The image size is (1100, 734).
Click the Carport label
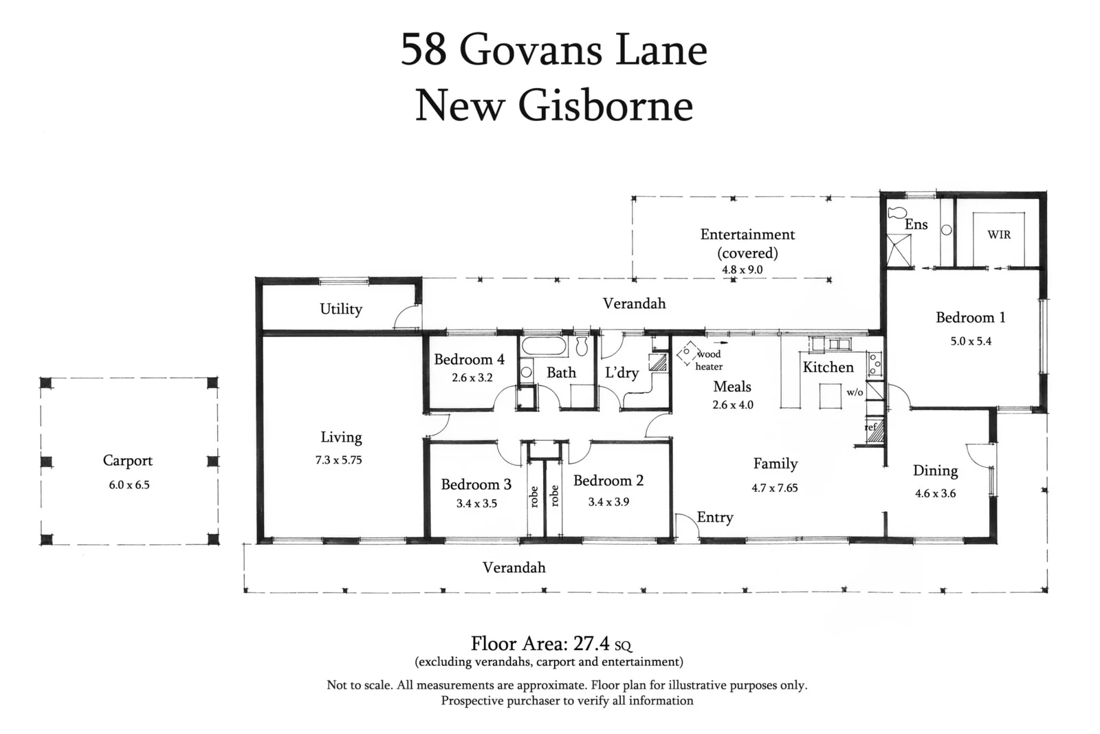128,461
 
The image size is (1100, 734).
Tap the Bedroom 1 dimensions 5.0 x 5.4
971,341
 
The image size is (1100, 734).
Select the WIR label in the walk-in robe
999,235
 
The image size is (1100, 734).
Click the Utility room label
341,310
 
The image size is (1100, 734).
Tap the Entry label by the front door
715,517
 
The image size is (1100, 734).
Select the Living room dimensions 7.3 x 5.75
338,460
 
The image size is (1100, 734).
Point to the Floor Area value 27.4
592,644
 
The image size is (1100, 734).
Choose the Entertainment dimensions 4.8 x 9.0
742,270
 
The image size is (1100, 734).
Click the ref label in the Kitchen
871,427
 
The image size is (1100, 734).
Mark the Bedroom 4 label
469,360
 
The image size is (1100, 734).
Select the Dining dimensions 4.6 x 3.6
935,493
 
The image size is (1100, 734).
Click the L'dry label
621,373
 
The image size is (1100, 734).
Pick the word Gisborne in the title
605,105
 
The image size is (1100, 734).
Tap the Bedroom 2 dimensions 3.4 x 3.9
608,502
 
